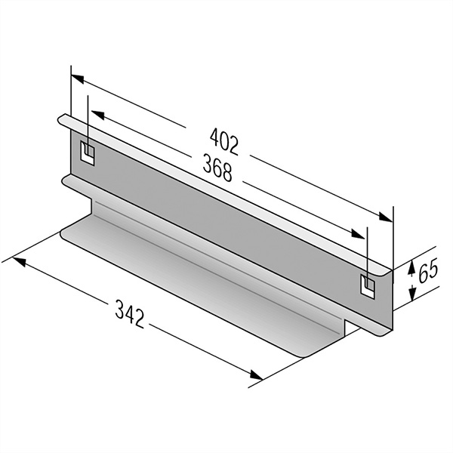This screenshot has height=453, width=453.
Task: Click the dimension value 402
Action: pyautogui.click(x=224, y=142)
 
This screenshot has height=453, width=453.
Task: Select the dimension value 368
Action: pyautogui.click(x=217, y=168)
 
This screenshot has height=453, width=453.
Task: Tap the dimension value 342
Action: pyautogui.click(x=129, y=314)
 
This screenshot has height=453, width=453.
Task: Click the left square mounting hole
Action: pyautogui.click(x=88, y=153)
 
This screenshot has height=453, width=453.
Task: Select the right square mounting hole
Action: pyautogui.click(x=368, y=286)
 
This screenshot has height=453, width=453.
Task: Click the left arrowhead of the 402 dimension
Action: pyautogui.click(x=78, y=79)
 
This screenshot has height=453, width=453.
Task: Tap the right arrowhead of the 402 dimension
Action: pyautogui.click(x=386, y=217)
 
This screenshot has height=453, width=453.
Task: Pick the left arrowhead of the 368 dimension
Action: pyautogui.click(x=97, y=115)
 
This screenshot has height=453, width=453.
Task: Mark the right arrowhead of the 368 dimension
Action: pyautogui.click(x=358, y=234)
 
